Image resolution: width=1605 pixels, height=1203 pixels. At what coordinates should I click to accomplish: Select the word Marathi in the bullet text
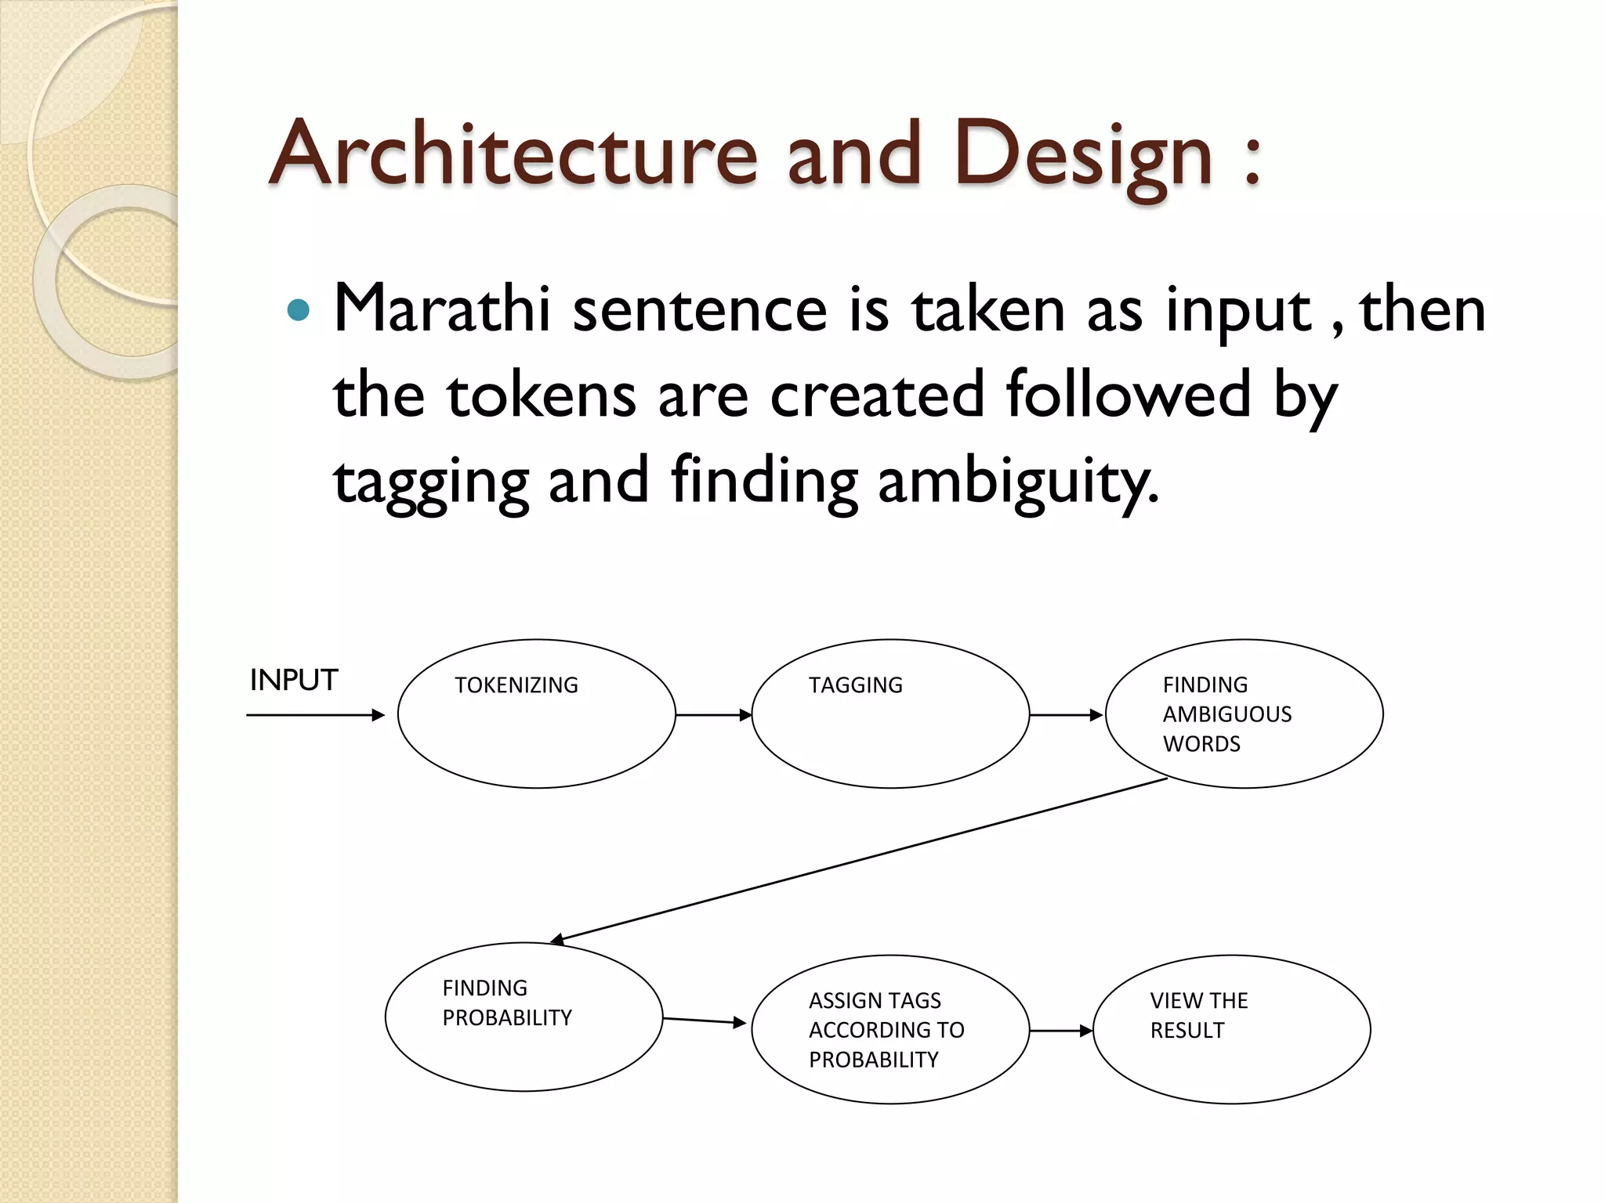pyautogui.click(x=442, y=309)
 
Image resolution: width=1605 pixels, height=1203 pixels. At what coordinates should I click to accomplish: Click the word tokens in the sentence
pyautogui.click(x=541, y=395)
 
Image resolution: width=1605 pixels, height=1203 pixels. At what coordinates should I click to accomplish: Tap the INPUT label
pyautogui.click(x=293, y=680)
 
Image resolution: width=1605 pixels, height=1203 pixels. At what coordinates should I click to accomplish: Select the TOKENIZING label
pyautogui.click(x=516, y=685)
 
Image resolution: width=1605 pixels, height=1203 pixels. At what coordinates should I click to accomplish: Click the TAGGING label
pyautogui.click(x=855, y=685)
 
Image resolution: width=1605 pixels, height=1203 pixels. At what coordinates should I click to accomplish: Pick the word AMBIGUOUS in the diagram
pyautogui.click(x=1226, y=714)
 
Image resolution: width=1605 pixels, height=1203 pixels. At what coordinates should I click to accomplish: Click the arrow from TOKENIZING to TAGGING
pyautogui.click(x=713, y=715)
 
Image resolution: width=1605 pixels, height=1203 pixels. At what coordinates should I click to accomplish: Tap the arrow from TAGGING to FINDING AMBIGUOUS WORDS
pyautogui.click(x=1066, y=715)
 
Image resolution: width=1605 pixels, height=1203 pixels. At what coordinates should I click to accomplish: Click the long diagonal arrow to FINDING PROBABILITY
pyautogui.click(x=862, y=860)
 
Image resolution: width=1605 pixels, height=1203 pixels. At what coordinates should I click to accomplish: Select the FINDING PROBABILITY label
pyautogui.click(x=506, y=1002)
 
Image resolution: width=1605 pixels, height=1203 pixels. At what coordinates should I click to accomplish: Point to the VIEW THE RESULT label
pyautogui.click(x=1198, y=1015)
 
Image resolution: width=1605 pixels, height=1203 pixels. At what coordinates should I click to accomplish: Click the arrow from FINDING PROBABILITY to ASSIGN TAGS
pyautogui.click(x=704, y=1021)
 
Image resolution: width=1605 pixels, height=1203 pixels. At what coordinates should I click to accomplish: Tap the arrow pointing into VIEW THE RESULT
pyautogui.click(x=1060, y=1031)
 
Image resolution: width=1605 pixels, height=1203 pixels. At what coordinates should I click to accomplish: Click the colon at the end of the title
pyautogui.click(x=1252, y=161)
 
